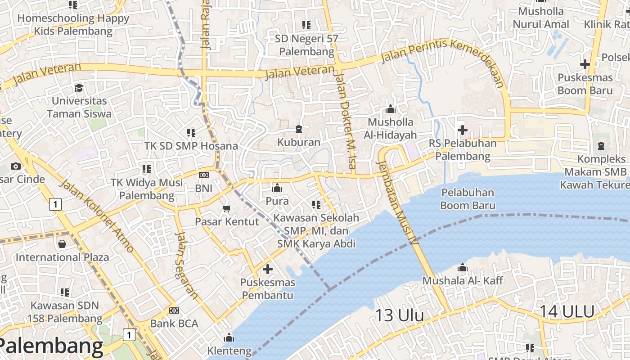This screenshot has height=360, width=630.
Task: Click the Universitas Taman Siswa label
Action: pos(79,107)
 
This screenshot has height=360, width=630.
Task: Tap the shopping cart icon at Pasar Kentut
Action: pos(226,208)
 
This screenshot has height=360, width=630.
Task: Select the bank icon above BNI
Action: pos(204,175)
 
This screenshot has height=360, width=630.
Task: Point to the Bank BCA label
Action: pos(174,324)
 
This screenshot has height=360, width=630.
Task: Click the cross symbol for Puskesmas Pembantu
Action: pos(268,270)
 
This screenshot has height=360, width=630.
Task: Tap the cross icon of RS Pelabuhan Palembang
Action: pos(462,130)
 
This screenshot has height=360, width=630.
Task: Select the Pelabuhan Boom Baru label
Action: pos(468,199)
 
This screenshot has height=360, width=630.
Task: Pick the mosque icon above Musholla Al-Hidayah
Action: pos(390,109)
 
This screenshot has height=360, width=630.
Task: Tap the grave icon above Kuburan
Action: pos(298,130)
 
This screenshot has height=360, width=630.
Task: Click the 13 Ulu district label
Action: pos(399,315)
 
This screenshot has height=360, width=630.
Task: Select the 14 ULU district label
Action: pos(567,311)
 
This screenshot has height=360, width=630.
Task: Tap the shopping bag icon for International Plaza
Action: pos(62,244)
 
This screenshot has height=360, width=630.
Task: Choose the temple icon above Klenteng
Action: pos(229,337)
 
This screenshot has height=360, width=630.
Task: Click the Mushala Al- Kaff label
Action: pos(462,280)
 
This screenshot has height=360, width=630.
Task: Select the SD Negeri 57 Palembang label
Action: pos(306,45)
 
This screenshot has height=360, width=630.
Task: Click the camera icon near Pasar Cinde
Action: pos(16,166)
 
